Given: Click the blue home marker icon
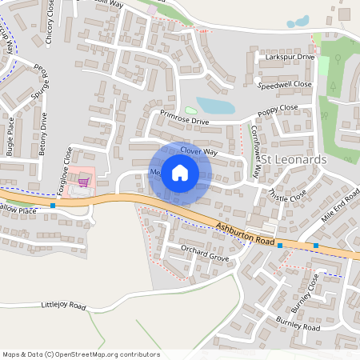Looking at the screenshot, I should [180, 173].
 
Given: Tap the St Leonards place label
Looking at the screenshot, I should [295, 160].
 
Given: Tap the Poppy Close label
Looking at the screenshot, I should [277, 109].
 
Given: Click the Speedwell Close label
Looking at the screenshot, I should [284, 84].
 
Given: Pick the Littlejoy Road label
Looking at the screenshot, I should [63, 306].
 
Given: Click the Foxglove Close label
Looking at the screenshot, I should [68, 165].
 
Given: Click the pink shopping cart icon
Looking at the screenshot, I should [82, 182].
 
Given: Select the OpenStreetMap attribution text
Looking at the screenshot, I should [80, 354].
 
